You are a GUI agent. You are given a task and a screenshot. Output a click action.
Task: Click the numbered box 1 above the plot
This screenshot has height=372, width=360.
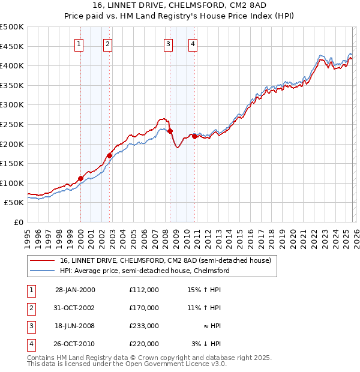(x=80, y=43)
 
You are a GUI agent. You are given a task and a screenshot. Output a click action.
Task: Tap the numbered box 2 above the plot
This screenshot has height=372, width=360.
(x=107, y=43)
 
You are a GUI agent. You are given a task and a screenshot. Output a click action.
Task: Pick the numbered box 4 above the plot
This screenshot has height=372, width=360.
(x=193, y=43)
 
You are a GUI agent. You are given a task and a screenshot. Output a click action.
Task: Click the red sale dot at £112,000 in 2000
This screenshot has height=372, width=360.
(x=80, y=178)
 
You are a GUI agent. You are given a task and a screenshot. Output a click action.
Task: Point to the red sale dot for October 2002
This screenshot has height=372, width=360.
(x=109, y=155)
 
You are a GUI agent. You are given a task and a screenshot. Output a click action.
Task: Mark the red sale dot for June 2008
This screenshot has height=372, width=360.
(x=170, y=131)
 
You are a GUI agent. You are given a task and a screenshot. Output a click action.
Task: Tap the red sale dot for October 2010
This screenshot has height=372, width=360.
(x=194, y=136)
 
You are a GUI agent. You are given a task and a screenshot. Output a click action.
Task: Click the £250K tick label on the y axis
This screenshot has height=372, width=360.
(x=12, y=124)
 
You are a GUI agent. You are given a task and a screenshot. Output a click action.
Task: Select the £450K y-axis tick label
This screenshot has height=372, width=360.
(x=12, y=46)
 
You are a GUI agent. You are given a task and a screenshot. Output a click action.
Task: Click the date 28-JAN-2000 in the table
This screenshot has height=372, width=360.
(x=74, y=290)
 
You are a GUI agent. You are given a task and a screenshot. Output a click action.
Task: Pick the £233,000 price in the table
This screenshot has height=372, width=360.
(x=143, y=326)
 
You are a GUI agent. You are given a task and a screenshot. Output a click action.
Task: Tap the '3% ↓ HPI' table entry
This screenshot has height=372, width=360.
(x=206, y=344)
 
